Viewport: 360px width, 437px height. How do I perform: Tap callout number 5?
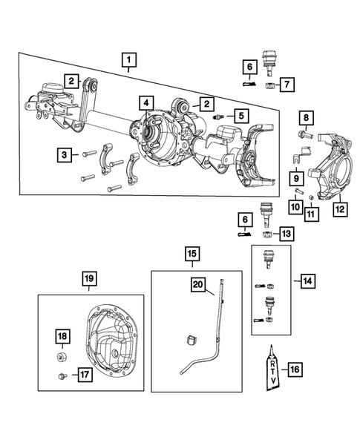[240, 116]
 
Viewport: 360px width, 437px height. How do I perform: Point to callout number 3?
[66, 154]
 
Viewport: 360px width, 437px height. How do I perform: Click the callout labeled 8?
[307, 117]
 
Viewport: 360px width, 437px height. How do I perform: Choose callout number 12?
[339, 209]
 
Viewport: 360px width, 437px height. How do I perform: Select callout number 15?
[192, 256]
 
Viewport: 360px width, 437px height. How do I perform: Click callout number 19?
[88, 278]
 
